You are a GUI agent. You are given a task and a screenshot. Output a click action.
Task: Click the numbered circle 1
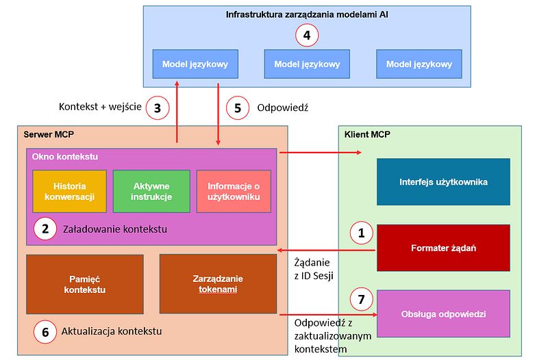click(x=362, y=233)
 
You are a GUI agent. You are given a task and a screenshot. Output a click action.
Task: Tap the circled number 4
click(x=307, y=36)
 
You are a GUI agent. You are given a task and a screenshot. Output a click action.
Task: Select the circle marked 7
click(x=362, y=298)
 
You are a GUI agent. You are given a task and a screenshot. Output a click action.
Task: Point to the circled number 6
click(x=45, y=332)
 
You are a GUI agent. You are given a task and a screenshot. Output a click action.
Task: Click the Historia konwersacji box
click(x=69, y=191)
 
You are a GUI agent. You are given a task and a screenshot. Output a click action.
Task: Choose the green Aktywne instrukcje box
click(x=151, y=191)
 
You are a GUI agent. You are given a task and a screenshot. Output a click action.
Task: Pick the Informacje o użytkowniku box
click(x=234, y=191)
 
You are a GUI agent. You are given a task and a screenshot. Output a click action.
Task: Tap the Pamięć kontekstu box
click(x=85, y=284)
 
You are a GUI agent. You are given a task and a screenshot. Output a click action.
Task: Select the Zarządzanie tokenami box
click(x=218, y=284)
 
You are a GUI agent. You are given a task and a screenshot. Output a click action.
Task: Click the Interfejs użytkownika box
click(x=443, y=182)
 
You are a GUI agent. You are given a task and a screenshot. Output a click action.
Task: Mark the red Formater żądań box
click(x=443, y=247)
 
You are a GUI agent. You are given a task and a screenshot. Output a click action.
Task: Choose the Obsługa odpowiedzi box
click(x=443, y=313)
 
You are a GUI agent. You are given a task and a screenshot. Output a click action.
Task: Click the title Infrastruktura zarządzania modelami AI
click(x=306, y=14)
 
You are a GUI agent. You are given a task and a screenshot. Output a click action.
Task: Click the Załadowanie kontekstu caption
click(x=114, y=229)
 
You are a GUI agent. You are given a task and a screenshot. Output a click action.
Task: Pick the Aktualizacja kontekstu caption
click(x=111, y=332)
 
